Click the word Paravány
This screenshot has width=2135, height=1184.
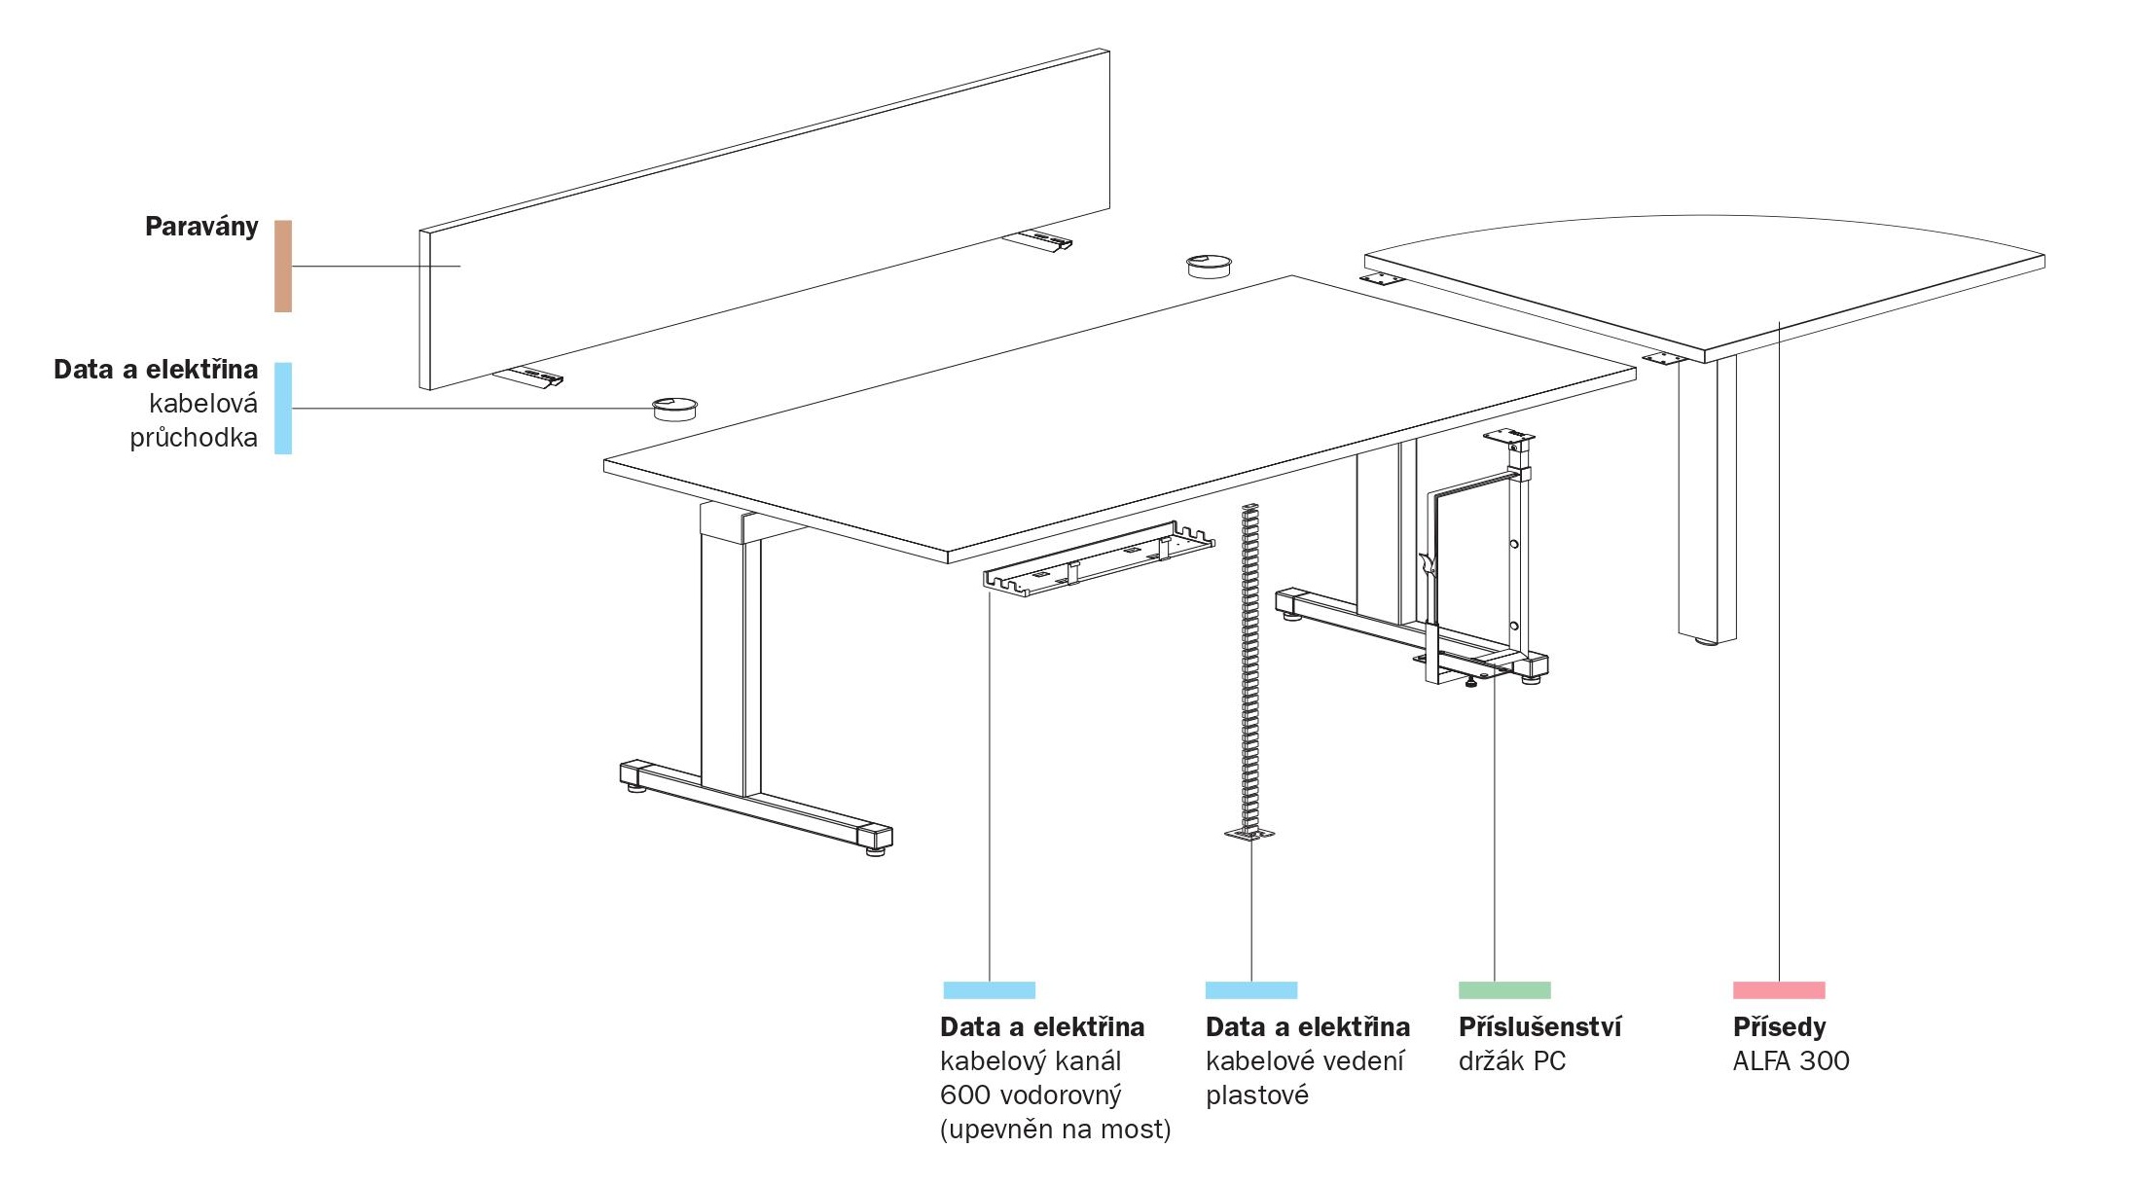click(x=201, y=228)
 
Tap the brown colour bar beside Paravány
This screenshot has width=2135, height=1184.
click(x=283, y=266)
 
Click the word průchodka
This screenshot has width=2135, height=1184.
click(x=194, y=438)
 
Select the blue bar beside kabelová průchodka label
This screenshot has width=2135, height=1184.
click(x=283, y=409)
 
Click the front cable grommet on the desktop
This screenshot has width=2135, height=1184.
click(x=673, y=408)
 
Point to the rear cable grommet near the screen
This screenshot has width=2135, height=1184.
click(x=1209, y=266)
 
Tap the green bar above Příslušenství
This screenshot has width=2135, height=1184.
click(x=1504, y=990)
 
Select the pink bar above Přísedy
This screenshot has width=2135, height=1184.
click(x=1779, y=990)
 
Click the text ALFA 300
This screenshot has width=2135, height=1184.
click(x=1791, y=1060)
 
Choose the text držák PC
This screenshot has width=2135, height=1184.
click(x=1512, y=1060)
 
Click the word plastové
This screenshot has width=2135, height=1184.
click(x=1257, y=1095)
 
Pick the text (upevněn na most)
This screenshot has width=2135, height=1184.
click(x=1056, y=1130)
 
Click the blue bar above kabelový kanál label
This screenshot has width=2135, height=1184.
click(x=990, y=990)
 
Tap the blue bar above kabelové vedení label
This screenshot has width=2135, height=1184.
click(x=1251, y=990)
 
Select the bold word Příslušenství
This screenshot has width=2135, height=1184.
click(x=1540, y=1026)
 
